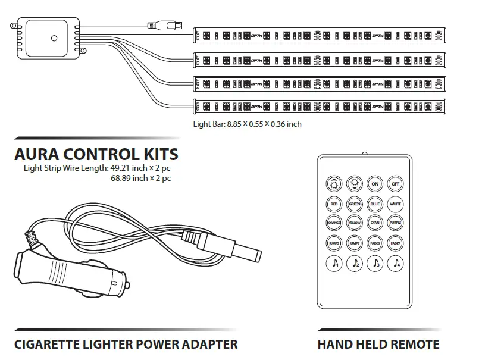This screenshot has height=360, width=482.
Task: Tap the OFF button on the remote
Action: click(x=396, y=184)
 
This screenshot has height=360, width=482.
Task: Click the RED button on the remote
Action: click(x=334, y=204)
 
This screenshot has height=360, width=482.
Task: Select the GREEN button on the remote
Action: click(x=355, y=204)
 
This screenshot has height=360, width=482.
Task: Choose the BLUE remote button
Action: click(x=375, y=204)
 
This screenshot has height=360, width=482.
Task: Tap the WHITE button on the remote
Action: click(x=396, y=204)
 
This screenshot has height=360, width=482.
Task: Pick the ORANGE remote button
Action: click(x=334, y=223)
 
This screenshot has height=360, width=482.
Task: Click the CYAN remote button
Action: click(x=375, y=223)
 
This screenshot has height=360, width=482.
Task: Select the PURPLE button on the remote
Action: click(x=396, y=223)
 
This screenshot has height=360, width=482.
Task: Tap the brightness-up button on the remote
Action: click(x=334, y=184)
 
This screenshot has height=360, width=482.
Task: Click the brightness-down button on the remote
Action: click(x=355, y=184)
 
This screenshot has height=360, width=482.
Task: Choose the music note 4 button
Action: click(x=396, y=262)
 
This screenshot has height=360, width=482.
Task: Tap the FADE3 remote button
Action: click(x=375, y=243)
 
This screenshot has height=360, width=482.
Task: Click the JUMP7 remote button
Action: click(x=355, y=243)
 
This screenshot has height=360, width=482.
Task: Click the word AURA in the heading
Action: click(x=37, y=155)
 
